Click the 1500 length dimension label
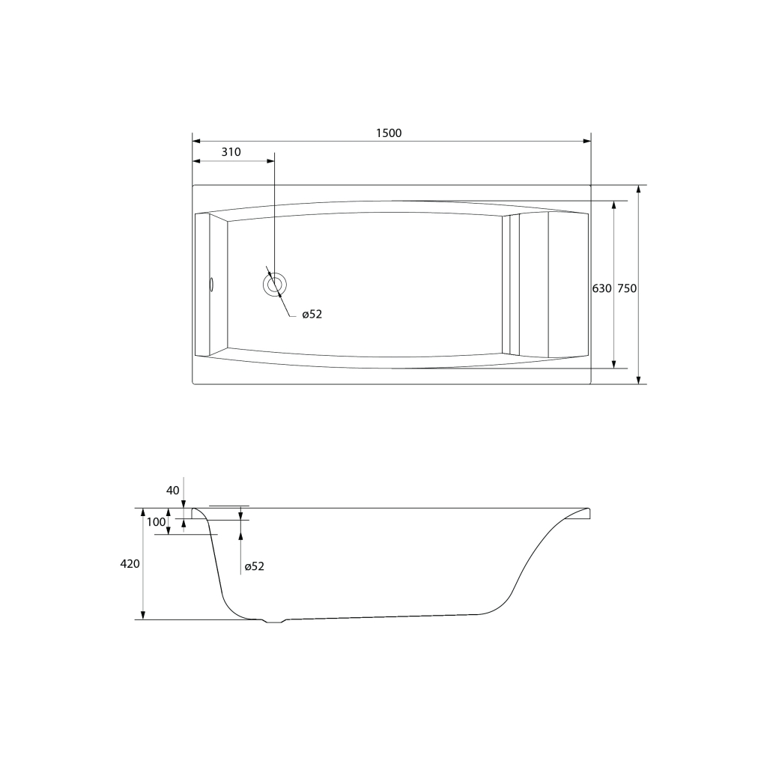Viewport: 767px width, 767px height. pyautogui.click(x=389, y=133)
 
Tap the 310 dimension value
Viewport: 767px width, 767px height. pyautogui.click(x=231, y=152)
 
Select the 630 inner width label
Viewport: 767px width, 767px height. pyautogui.click(x=601, y=288)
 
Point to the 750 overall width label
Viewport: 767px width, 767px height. pyautogui.click(x=627, y=288)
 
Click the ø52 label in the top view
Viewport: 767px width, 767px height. pyautogui.click(x=312, y=315)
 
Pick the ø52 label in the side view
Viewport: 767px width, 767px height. pyautogui.click(x=255, y=566)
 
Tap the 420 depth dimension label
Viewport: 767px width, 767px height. pyautogui.click(x=130, y=564)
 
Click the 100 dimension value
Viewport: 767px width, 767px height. pyautogui.click(x=156, y=522)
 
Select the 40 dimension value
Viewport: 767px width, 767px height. pyautogui.click(x=173, y=490)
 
